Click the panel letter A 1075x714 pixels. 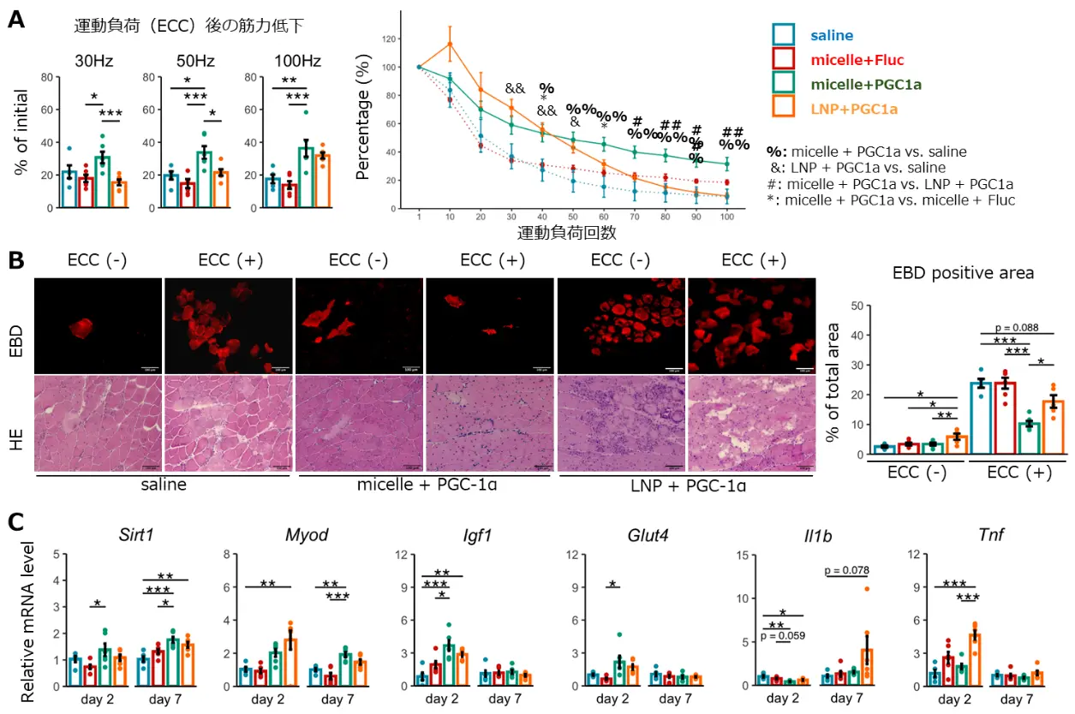tap(16, 19)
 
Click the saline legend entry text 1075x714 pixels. tap(831, 36)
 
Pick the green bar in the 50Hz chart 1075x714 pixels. tap(203, 180)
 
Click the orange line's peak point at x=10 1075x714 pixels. tap(449, 44)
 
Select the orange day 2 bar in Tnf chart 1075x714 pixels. tap(974, 660)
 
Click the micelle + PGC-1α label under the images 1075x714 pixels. tap(425, 487)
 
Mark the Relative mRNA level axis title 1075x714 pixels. tap(27, 621)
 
